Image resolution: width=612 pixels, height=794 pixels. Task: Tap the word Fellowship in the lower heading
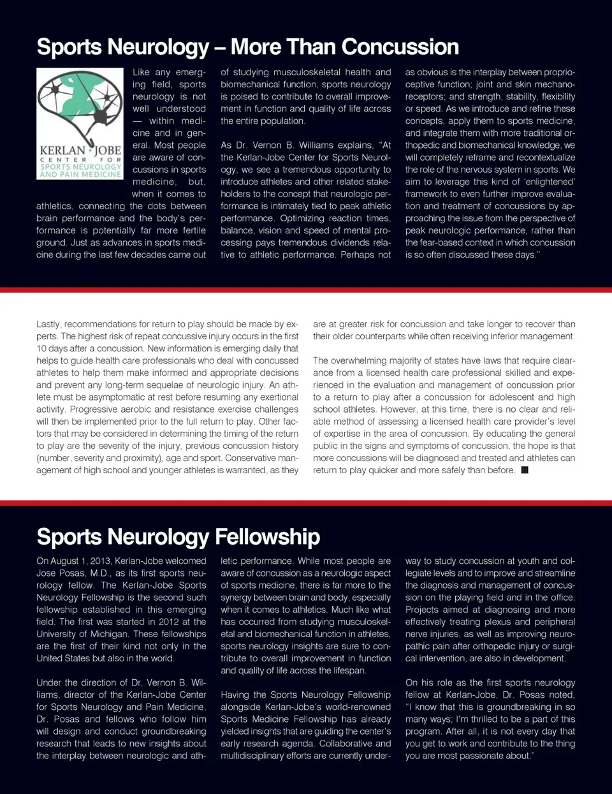pos(267,537)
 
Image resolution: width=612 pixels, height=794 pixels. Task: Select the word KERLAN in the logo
pos(63,151)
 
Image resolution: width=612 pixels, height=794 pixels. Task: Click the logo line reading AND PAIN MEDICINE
pos(80,174)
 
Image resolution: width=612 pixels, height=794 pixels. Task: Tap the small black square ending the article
pos(525,470)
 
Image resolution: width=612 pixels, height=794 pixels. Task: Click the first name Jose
pos(47,573)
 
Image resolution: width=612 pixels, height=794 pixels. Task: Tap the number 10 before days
pos(41,349)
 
